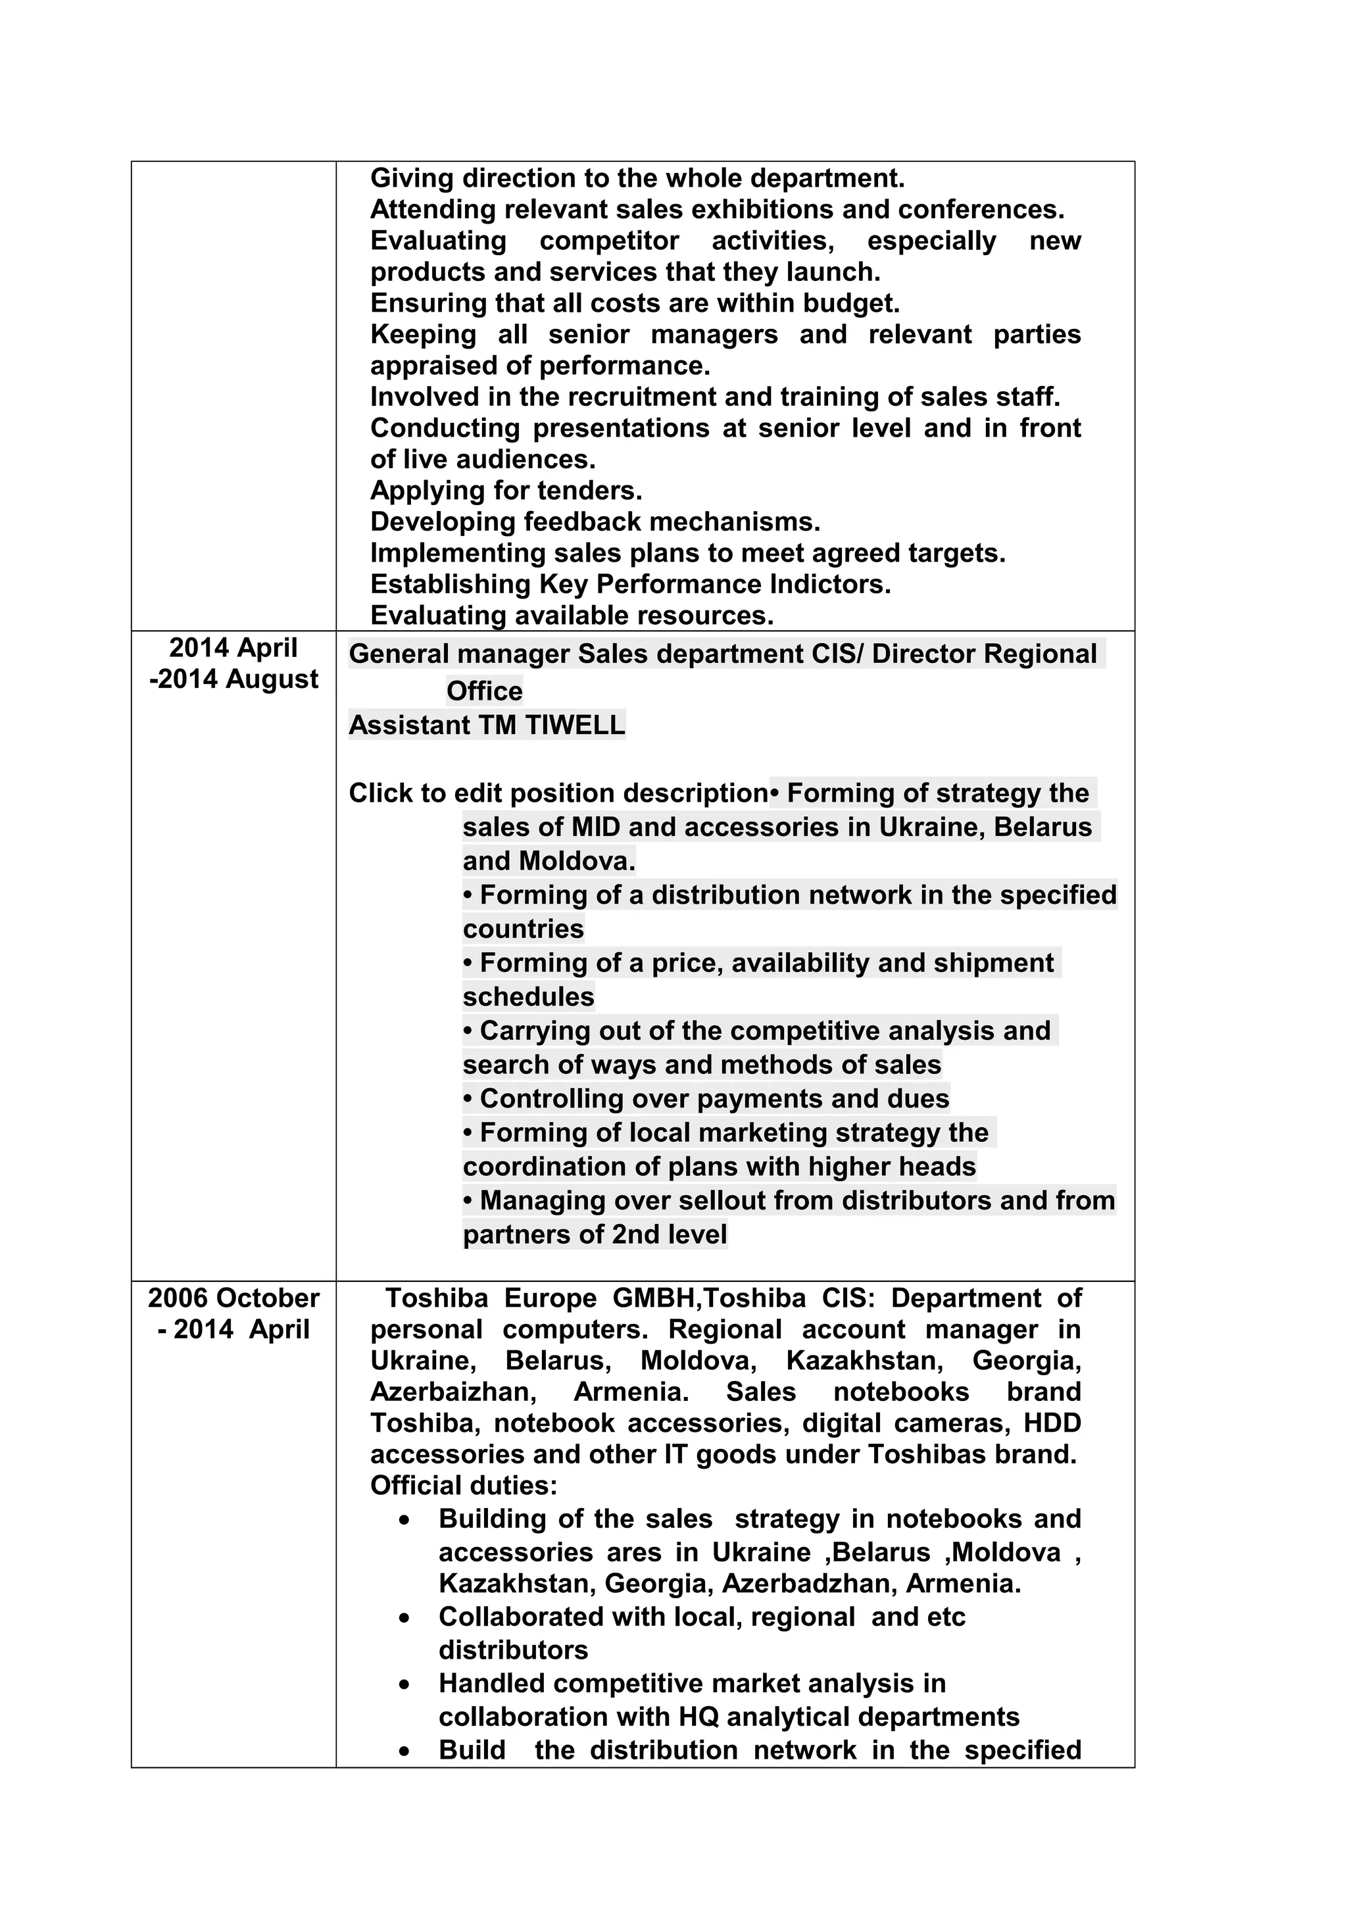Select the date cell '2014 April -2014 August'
point(233,663)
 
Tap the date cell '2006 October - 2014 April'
point(233,1313)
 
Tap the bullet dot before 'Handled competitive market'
point(404,1686)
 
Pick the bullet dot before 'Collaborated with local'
point(404,1620)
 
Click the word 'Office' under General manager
point(485,691)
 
